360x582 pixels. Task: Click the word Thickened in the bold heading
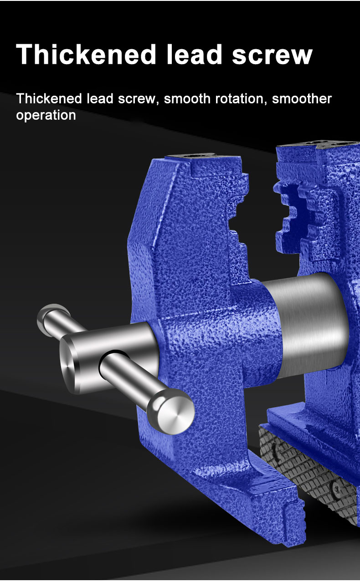pyautogui.click(x=86, y=54)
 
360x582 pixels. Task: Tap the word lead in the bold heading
pyautogui.click(x=194, y=54)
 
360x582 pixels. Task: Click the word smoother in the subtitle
pyautogui.click(x=302, y=99)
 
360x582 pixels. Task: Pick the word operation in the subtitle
pyautogui.click(x=46, y=116)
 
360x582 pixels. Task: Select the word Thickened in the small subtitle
pyautogui.click(x=49, y=99)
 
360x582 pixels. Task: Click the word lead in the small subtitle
pyautogui.click(x=100, y=99)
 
